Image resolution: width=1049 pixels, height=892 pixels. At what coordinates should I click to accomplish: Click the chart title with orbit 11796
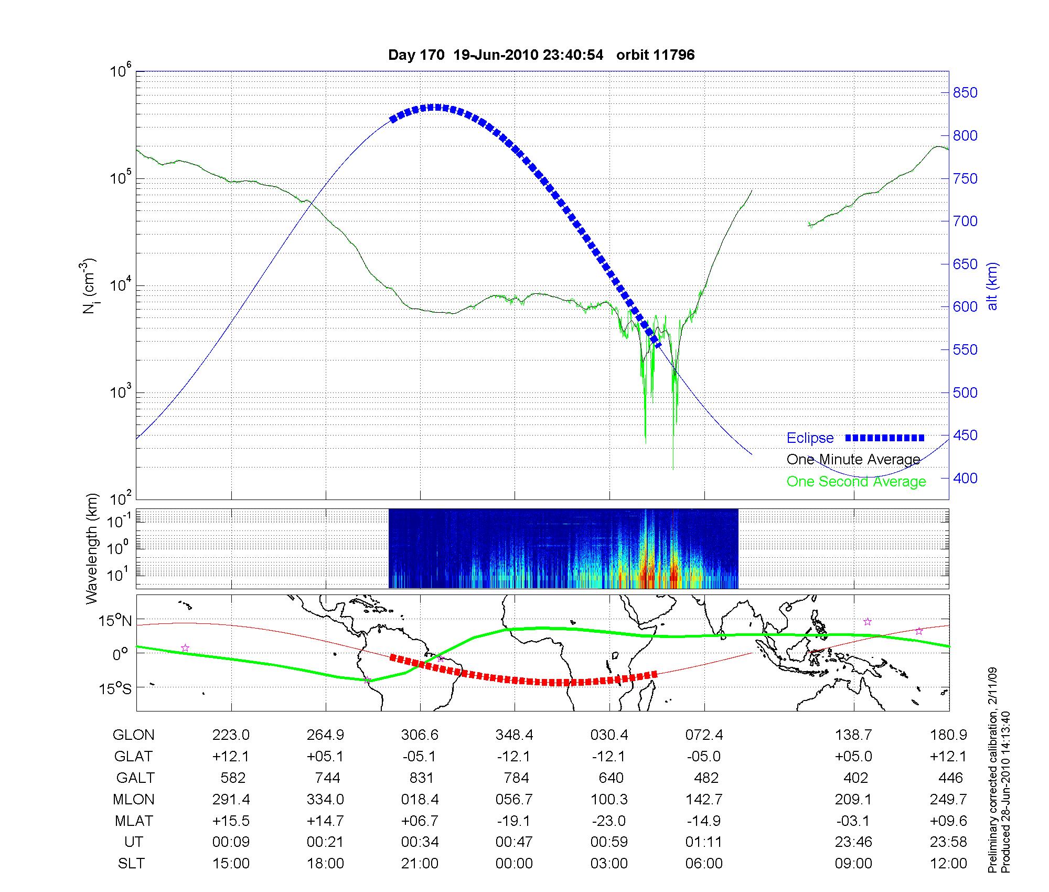click(x=541, y=55)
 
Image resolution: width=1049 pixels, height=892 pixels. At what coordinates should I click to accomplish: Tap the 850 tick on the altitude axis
click(x=965, y=93)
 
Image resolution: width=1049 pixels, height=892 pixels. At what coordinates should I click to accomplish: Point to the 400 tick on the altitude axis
click(x=965, y=478)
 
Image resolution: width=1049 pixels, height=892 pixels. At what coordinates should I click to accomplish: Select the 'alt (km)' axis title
click(x=992, y=286)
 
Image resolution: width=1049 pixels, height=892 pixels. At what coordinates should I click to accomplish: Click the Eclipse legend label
click(x=810, y=438)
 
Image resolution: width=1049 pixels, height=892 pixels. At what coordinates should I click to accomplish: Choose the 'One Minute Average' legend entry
click(x=853, y=460)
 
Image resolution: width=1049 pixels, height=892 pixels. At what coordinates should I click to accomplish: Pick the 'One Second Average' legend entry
click(x=856, y=482)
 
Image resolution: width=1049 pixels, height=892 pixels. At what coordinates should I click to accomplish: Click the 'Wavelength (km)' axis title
click(x=92, y=548)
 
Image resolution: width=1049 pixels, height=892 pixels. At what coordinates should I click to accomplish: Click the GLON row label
click(x=133, y=735)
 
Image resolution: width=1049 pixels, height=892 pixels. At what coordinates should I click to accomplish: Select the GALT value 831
click(x=421, y=778)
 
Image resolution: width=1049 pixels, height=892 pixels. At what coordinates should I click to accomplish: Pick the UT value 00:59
click(x=609, y=842)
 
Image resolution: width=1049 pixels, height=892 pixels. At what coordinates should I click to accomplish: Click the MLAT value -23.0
click(x=609, y=821)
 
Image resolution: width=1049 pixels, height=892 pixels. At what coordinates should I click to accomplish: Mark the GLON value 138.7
click(x=853, y=735)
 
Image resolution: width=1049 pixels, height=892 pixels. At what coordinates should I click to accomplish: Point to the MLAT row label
click(x=133, y=821)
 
